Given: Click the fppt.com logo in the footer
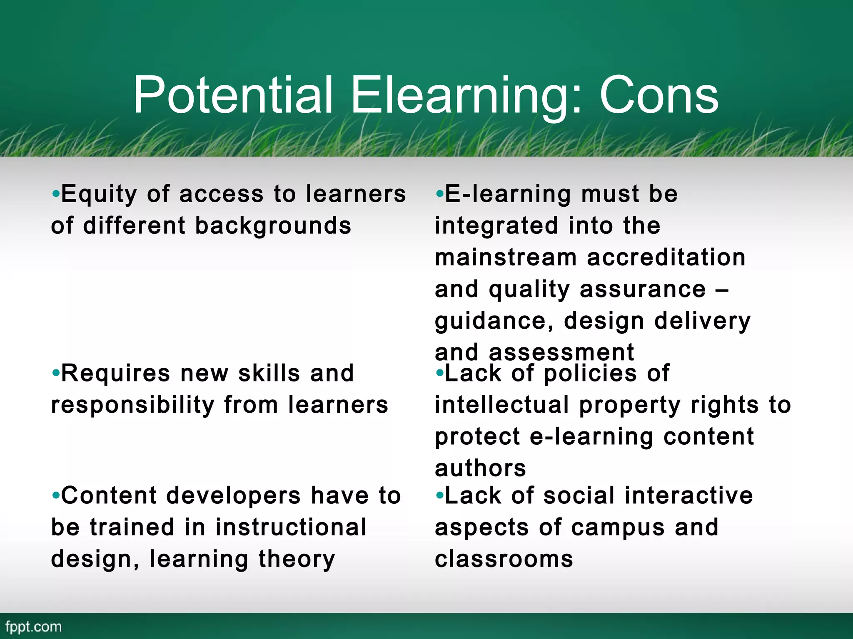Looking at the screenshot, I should (x=34, y=627).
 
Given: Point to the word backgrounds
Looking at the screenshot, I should (x=273, y=226).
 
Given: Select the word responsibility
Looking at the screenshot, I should (x=132, y=405).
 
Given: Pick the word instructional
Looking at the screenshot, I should (x=291, y=528).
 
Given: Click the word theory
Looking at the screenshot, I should (x=297, y=559).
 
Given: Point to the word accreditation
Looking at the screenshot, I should (x=666, y=257).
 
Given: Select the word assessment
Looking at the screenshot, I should (x=561, y=353).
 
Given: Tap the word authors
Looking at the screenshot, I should (x=480, y=468).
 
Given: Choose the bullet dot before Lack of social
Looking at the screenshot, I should (x=440, y=495).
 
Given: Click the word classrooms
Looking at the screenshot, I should (x=504, y=559).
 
